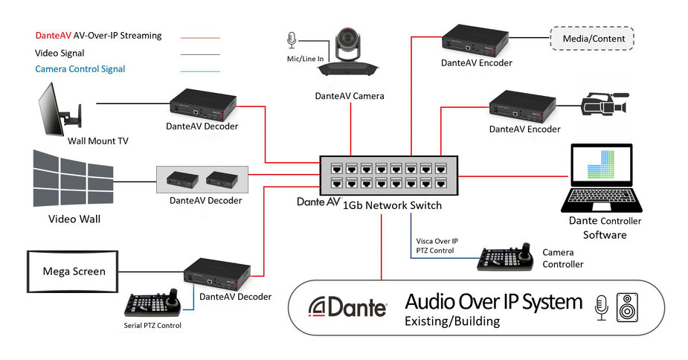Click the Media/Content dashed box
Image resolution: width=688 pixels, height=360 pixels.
tap(592, 39)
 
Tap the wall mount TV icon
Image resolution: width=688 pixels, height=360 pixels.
tap(60, 110)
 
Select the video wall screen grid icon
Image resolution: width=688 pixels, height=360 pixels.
tap(74, 179)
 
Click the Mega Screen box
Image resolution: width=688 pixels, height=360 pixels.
tap(73, 271)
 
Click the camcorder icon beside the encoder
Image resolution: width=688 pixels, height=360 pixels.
tap(605, 104)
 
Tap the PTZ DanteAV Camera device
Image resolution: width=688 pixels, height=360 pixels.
tap(347, 53)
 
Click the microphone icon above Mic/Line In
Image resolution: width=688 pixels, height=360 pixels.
tap(292, 40)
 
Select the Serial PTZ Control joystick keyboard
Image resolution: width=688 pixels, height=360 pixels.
tap(152, 303)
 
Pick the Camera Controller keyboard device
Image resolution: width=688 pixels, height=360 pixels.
tap(506, 257)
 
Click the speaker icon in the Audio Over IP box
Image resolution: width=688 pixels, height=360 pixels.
tap(627, 307)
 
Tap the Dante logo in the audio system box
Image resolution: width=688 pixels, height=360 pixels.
tap(347, 306)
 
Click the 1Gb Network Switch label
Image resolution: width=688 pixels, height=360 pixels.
tap(392, 205)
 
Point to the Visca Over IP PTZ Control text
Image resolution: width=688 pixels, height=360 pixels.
tap(437, 246)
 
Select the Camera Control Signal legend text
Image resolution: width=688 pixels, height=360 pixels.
tap(80, 69)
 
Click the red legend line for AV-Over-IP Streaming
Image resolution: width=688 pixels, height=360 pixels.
tap(200, 38)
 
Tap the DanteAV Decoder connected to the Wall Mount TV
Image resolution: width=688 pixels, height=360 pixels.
tap(203, 104)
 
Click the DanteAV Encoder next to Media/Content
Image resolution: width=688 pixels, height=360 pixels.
tap(475, 41)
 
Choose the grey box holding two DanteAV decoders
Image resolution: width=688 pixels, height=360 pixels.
tap(202, 179)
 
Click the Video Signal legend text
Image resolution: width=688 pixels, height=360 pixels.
tap(60, 53)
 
